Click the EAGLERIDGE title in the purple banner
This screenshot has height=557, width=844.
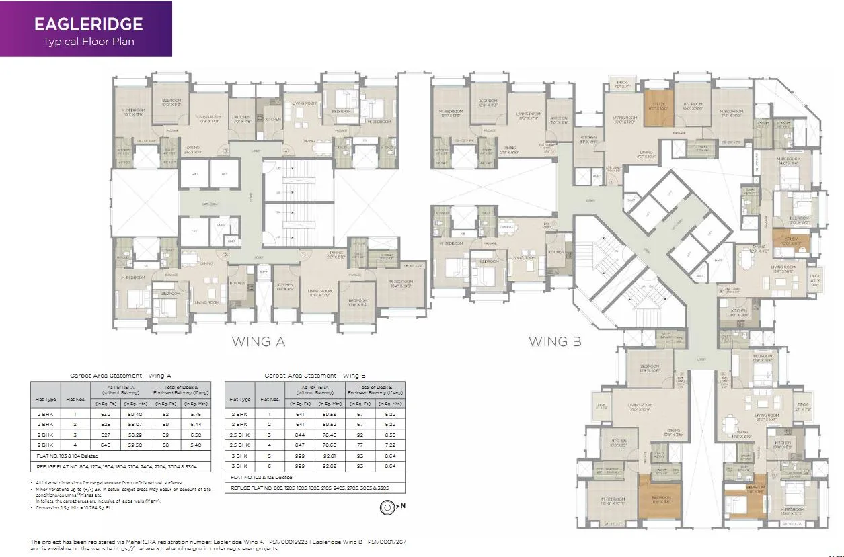pyautogui.click(x=88, y=25)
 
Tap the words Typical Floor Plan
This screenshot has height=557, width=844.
pyautogui.click(x=88, y=42)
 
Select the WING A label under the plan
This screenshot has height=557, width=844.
pyautogui.click(x=258, y=341)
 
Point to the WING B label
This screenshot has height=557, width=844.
pyautogui.click(x=555, y=341)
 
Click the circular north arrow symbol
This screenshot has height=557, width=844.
pyautogui.click(x=387, y=507)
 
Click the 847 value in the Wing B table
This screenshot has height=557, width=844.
pyautogui.click(x=299, y=444)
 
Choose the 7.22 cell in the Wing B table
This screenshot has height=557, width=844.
pyautogui.click(x=389, y=444)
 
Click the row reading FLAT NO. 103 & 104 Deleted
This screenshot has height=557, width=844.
pyautogui.click(x=67, y=456)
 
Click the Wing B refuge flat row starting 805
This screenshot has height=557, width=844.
pyautogui.click(x=309, y=487)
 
